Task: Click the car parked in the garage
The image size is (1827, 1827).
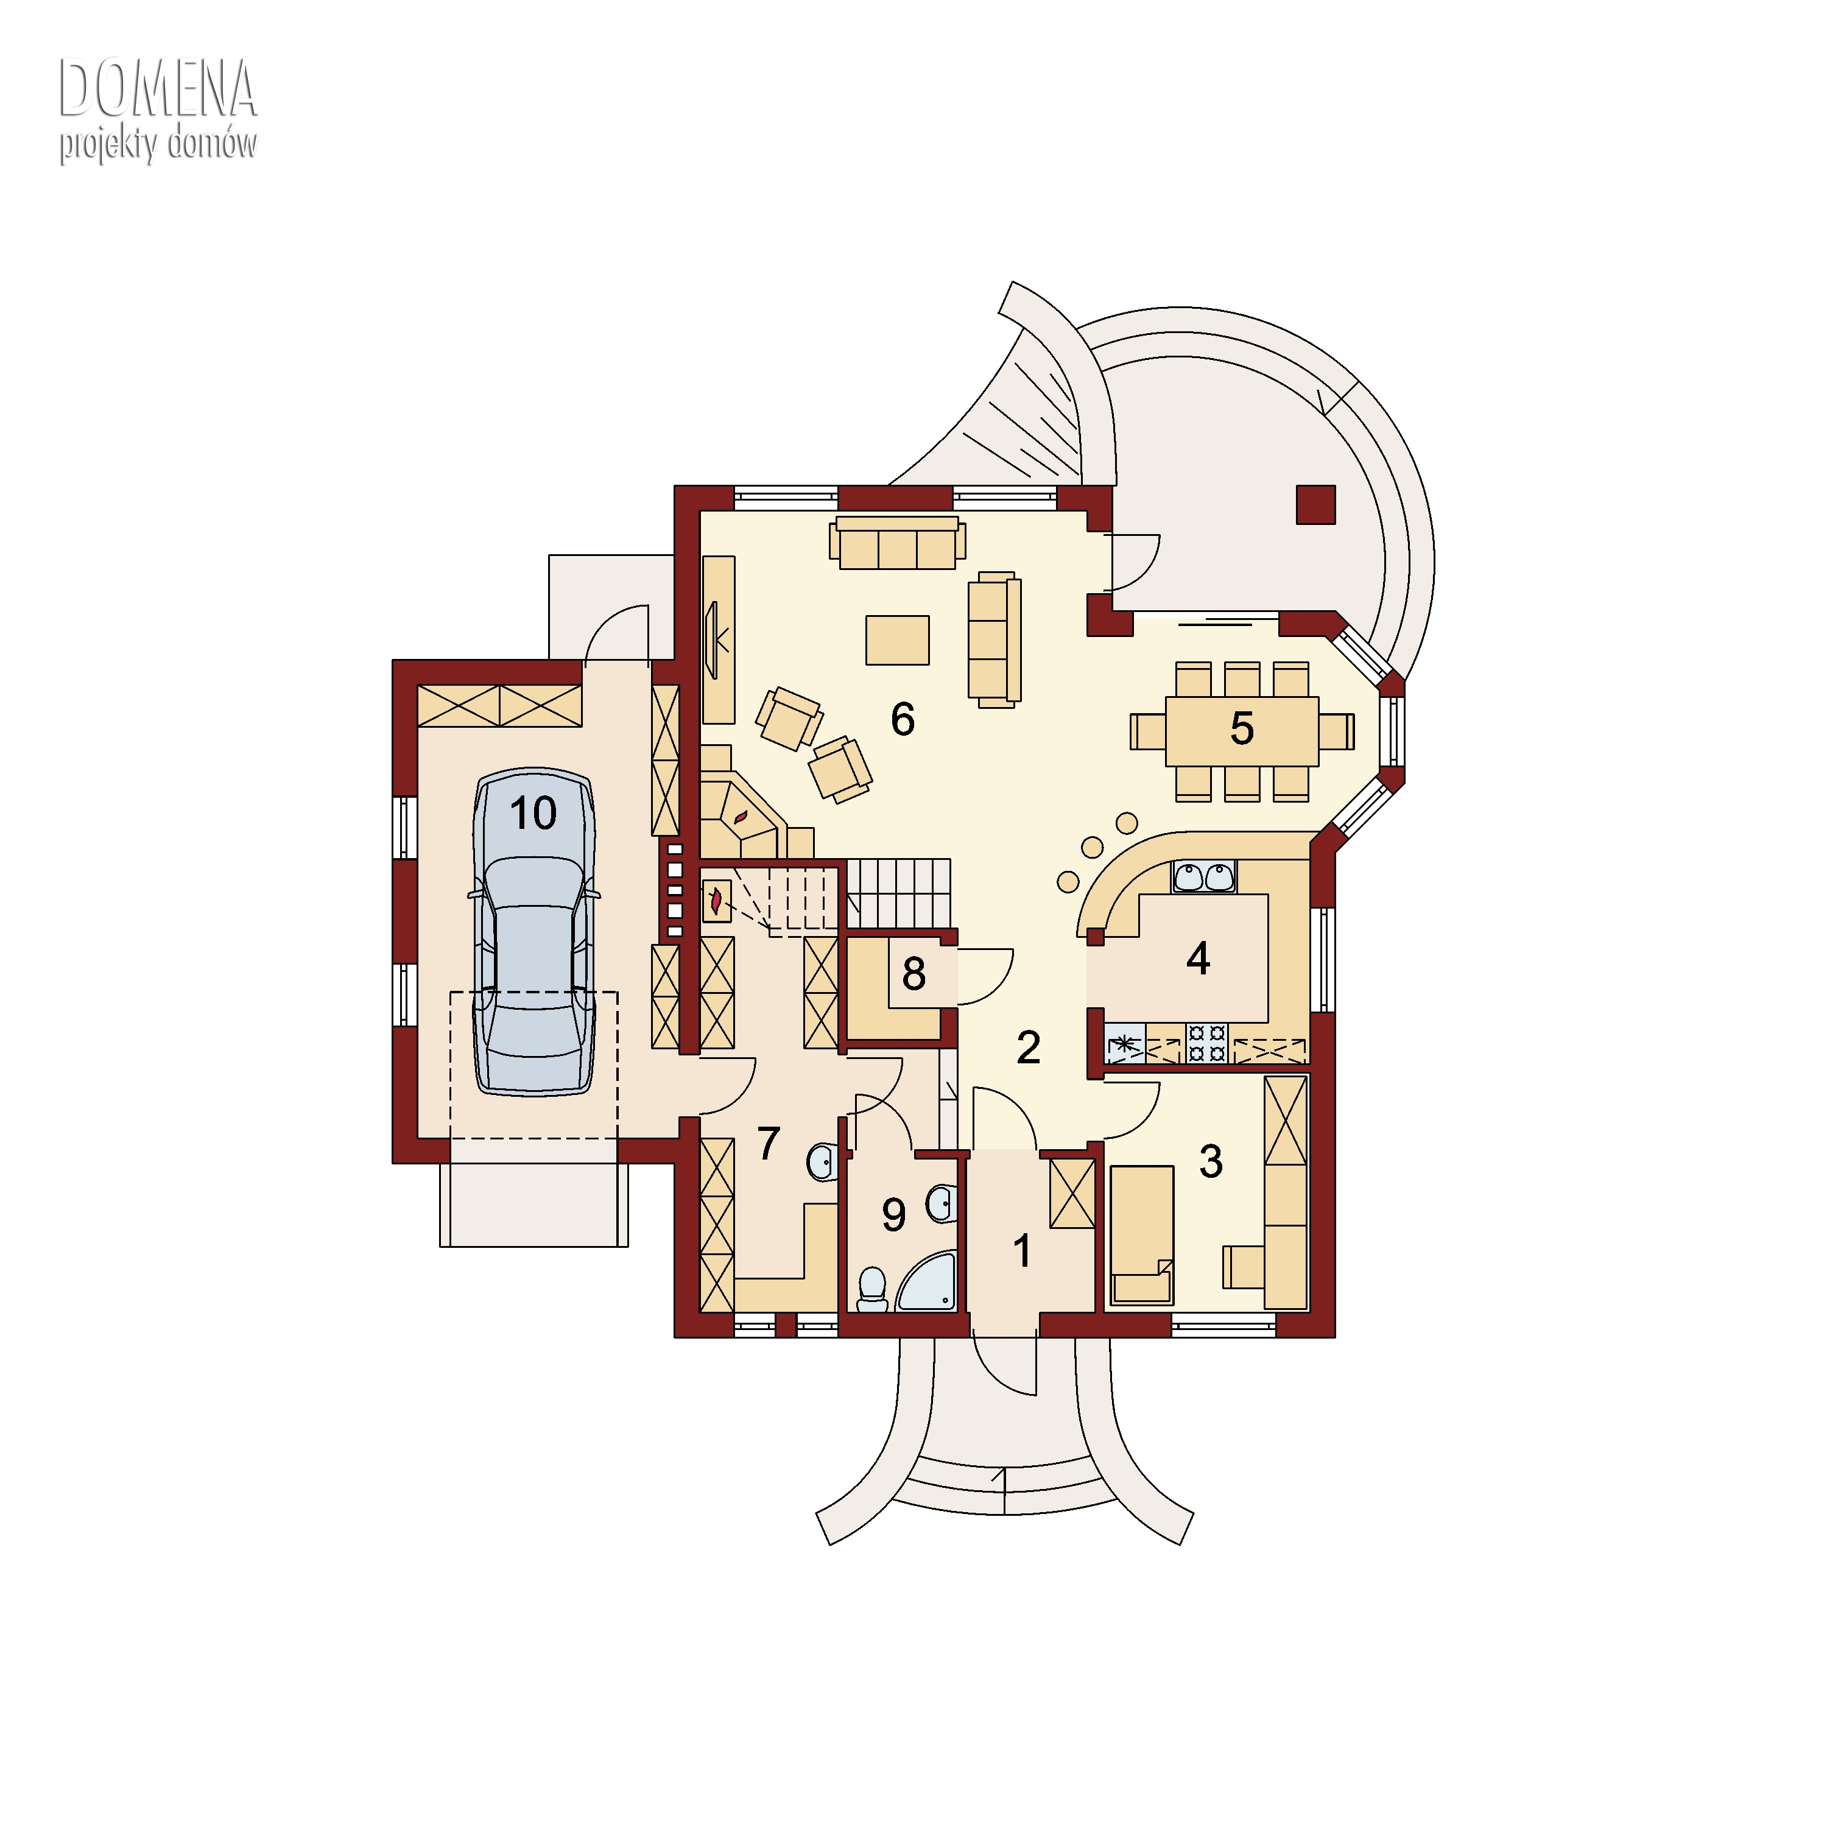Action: click(534, 932)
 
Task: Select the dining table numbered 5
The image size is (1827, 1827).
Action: click(1242, 731)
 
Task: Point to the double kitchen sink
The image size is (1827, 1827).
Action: click(1204, 876)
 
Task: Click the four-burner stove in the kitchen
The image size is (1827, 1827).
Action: click(1206, 1043)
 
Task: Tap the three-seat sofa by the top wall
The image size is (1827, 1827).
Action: click(898, 542)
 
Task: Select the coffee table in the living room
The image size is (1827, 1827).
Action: click(898, 640)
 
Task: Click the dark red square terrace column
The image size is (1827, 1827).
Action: click(1315, 504)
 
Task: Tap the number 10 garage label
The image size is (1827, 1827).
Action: click(533, 813)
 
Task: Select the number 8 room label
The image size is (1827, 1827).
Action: click(913, 974)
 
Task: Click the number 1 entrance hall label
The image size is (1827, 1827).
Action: click(1023, 1251)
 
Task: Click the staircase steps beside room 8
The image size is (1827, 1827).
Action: click(898, 893)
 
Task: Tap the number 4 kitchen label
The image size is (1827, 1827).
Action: click(1198, 958)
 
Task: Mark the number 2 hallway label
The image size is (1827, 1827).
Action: click(1028, 1047)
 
